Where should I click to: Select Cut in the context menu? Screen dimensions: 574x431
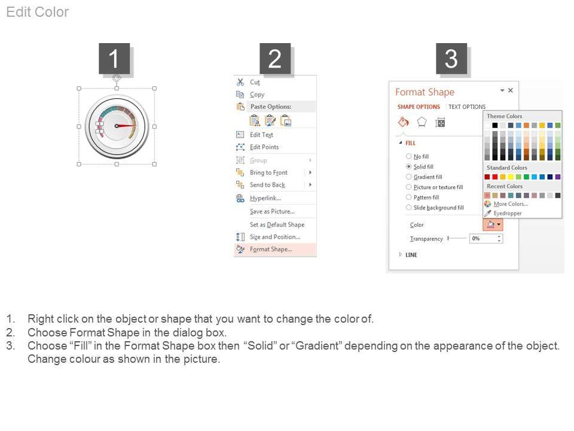[x=255, y=82]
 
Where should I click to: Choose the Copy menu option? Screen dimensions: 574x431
[x=257, y=95]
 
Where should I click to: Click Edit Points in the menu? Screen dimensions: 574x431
[x=264, y=147]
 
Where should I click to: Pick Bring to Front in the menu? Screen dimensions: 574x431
[x=268, y=172]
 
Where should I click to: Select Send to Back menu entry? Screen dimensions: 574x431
[x=267, y=185]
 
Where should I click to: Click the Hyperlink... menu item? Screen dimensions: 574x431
[x=265, y=198]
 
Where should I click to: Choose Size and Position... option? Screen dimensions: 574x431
[x=274, y=237]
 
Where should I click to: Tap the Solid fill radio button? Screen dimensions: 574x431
[x=408, y=166]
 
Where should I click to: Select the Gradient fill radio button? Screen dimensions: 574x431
[x=408, y=177]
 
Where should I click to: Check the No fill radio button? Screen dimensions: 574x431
[x=408, y=156]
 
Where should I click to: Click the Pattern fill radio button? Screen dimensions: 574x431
[x=408, y=197]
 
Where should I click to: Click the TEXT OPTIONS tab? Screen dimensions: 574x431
[x=467, y=107]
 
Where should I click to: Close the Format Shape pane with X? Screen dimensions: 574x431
[x=510, y=90]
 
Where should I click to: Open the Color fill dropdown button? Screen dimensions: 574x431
[x=493, y=224]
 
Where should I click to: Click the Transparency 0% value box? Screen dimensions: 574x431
[x=486, y=239]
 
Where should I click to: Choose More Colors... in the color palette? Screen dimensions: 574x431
[x=510, y=204]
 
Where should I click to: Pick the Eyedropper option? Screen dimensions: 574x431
[x=508, y=213]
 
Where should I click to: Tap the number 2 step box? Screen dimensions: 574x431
[x=275, y=59]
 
